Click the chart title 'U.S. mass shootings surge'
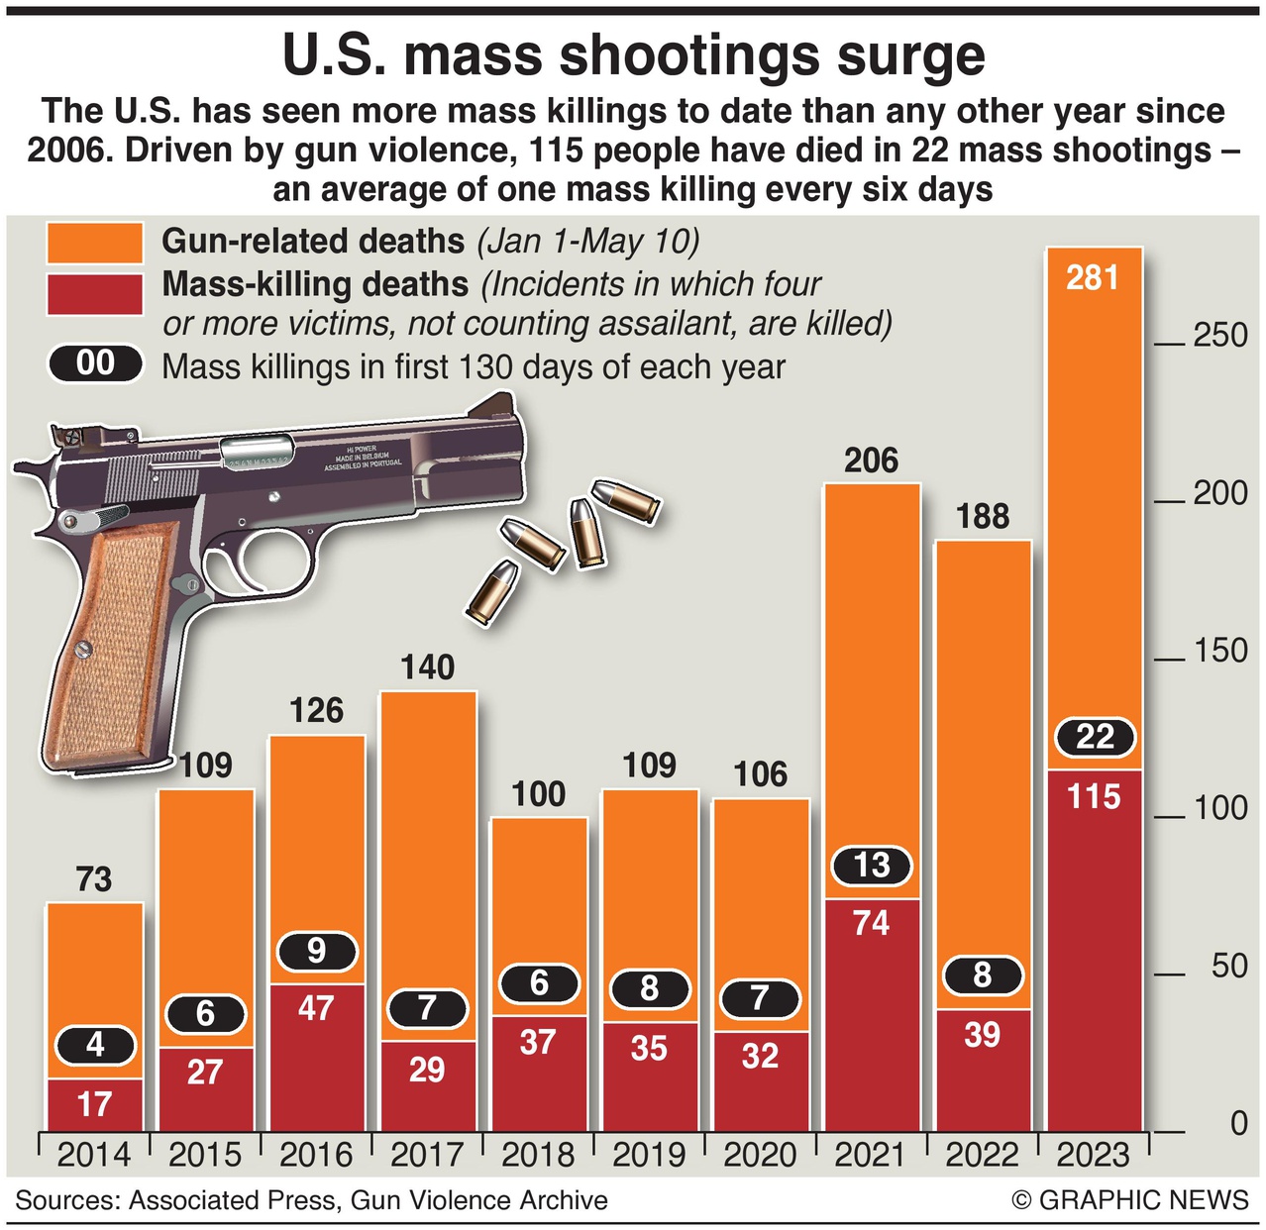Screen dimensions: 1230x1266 coord(633,55)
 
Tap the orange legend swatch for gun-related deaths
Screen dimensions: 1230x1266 coord(94,243)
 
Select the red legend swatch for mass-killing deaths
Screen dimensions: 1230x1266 coord(94,294)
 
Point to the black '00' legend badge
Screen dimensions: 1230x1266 coord(95,363)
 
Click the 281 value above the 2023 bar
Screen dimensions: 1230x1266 coord(1093,277)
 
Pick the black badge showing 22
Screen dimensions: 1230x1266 coord(1095,737)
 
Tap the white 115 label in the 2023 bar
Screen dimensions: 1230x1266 coord(1094,797)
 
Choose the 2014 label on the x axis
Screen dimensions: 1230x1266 coord(94,1155)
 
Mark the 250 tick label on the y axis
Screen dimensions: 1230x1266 coord(1219,335)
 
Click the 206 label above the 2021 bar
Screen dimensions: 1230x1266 coord(872,461)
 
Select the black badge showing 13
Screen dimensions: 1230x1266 coord(872,865)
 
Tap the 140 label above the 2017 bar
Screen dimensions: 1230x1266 coord(427,668)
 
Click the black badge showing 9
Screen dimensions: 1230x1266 coord(316,951)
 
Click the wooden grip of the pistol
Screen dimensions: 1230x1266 coord(114,634)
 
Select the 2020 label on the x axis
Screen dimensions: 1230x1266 coord(760,1155)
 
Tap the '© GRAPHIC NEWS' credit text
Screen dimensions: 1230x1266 coord(1129,1200)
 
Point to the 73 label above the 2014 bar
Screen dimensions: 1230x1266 coord(94,879)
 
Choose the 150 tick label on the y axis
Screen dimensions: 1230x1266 coord(1219,651)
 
